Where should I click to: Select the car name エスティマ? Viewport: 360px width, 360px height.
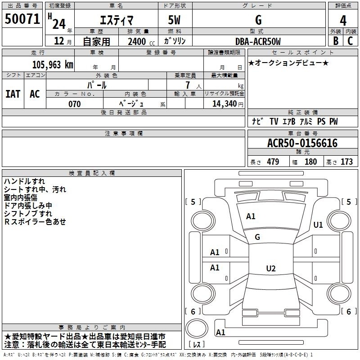[116, 20]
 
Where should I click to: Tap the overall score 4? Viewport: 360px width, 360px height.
[343, 20]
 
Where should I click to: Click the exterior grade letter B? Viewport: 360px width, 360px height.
[335, 41]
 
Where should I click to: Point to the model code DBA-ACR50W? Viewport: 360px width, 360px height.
[258, 41]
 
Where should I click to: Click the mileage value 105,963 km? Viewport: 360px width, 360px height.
[52, 64]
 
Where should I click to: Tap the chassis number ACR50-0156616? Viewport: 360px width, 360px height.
[302, 143]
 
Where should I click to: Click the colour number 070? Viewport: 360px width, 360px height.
[74, 104]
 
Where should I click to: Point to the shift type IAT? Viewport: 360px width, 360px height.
[13, 94]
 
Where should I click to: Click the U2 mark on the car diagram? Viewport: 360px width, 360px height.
[270, 268]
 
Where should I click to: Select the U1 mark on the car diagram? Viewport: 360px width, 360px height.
[318, 225]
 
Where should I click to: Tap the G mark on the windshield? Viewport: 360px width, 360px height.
[257, 237]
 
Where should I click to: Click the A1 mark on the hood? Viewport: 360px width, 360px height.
[251, 216]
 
